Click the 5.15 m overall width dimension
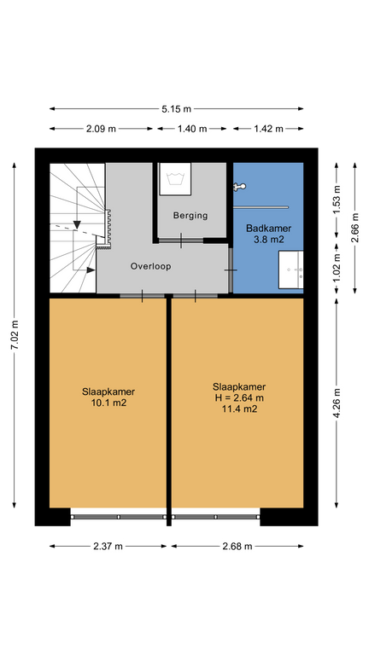click(176, 109)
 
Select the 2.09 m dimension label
click(101, 129)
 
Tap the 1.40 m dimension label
click(192, 129)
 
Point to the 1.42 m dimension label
click(268, 129)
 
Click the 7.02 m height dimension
click(15, 335)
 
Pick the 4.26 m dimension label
click(337, 403)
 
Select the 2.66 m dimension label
click(355, 228)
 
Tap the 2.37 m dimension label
click(108, 546)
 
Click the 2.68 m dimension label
click(237, 546)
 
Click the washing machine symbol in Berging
click(175, 179)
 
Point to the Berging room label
click(190, 216)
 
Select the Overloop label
click(150, 266)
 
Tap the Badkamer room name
click(268, 229)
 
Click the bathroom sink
click(290, 270)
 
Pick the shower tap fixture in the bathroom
click(240, 187)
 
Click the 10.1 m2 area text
click(108, 403)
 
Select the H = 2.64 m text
click(239, 398)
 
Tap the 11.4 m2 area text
click(239, 409)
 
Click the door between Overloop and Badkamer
click(230, 270)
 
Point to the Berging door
click(181, 241)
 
